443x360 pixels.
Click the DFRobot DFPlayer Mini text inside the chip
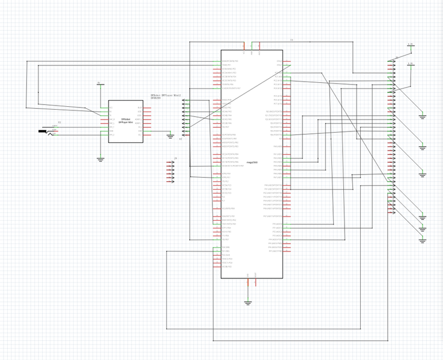click(x=126, y=121)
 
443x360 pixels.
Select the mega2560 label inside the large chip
click(x=252, y=163)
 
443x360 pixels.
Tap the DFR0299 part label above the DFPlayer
click(x=155, y=98)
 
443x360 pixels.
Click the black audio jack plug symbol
click(x=43, y=131)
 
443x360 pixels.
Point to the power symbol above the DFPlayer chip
click(x=99, y=84)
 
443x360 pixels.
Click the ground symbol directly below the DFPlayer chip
click(x=100, y=160)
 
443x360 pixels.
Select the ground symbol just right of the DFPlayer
click(x=170, y=136)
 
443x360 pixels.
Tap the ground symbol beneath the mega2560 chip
click(x=248, y=303)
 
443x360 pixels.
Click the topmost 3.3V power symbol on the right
click(x=411, y=45)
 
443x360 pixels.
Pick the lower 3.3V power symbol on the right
click(x=411, y=64)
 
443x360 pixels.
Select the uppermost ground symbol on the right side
click(x=422, y=116)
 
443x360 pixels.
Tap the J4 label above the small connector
click(x=175, y=158)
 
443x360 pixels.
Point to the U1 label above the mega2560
click(x=292, y=40)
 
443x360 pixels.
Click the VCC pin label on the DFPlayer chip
click(x=111, y=108)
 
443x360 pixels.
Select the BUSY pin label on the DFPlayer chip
click(x=139, y=108)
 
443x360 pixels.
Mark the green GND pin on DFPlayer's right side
click(x=140, y=131)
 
